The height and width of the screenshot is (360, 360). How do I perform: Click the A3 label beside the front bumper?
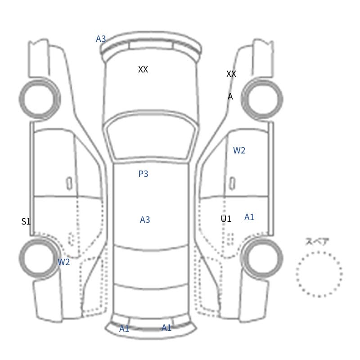click(101, 39)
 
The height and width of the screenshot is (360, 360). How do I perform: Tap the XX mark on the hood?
click(143, 69)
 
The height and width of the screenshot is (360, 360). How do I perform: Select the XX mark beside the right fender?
click(231, 74)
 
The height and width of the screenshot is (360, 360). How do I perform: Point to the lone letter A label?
click(230, 96)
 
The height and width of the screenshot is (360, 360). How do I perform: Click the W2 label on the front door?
click(239, 150)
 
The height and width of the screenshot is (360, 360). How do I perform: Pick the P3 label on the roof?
click(143, 174)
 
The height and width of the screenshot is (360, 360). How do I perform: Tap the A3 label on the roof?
click(145, 220)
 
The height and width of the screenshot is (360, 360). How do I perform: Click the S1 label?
click(26, 221)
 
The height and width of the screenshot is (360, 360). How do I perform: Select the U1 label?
click(226, 219)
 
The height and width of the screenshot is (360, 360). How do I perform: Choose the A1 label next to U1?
click(249, 217)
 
